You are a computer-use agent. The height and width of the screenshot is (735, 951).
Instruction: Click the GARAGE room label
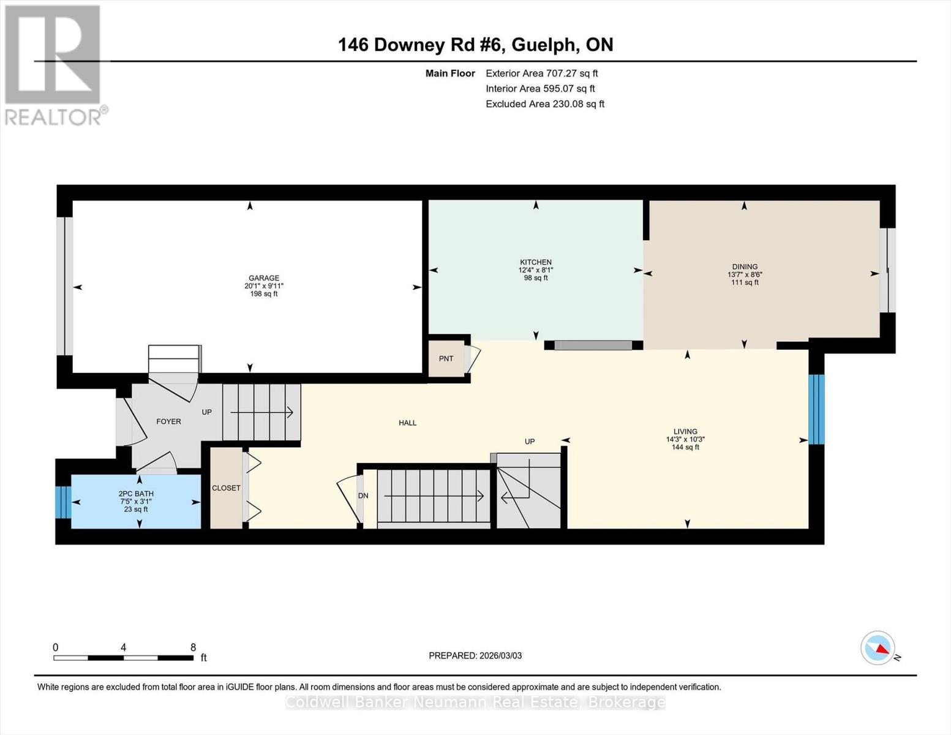[x=263, y=278]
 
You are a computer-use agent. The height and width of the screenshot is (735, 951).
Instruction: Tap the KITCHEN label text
[x=536, y=262]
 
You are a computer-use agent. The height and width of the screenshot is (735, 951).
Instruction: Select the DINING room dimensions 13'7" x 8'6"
[x=745, y=275]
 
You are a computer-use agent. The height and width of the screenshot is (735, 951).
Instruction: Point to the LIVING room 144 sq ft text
[x=685, y=447]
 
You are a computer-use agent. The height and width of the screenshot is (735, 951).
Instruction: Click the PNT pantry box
[x=446, y=358]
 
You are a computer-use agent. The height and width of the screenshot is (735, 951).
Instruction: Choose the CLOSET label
[x=226, y=488]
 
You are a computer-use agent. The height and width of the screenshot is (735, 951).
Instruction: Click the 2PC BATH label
[x=136, y=494]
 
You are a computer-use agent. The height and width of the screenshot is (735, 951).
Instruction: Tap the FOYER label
[x=168, y=421]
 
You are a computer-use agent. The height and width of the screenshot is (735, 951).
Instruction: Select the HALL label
[x=407, y=423]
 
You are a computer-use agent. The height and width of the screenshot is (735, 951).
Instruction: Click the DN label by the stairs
[x=363, y=496]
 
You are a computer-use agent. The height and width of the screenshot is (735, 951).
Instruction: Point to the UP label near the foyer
[x=207, y=412]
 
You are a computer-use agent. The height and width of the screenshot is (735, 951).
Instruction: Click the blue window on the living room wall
[x=816, y=409]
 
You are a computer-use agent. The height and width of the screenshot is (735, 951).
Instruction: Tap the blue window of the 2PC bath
[x=63, y=502]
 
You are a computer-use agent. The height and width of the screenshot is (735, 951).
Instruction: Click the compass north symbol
[x=878, y=648]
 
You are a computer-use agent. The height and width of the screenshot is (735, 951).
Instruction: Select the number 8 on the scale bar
[x=193, y=647]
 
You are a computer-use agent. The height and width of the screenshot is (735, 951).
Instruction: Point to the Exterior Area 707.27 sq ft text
[x=541, y=73]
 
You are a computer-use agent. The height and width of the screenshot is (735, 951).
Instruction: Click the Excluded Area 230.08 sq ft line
[x=544, y=104]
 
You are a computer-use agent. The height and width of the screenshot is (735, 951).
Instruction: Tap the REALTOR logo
[x=53, y=64]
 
